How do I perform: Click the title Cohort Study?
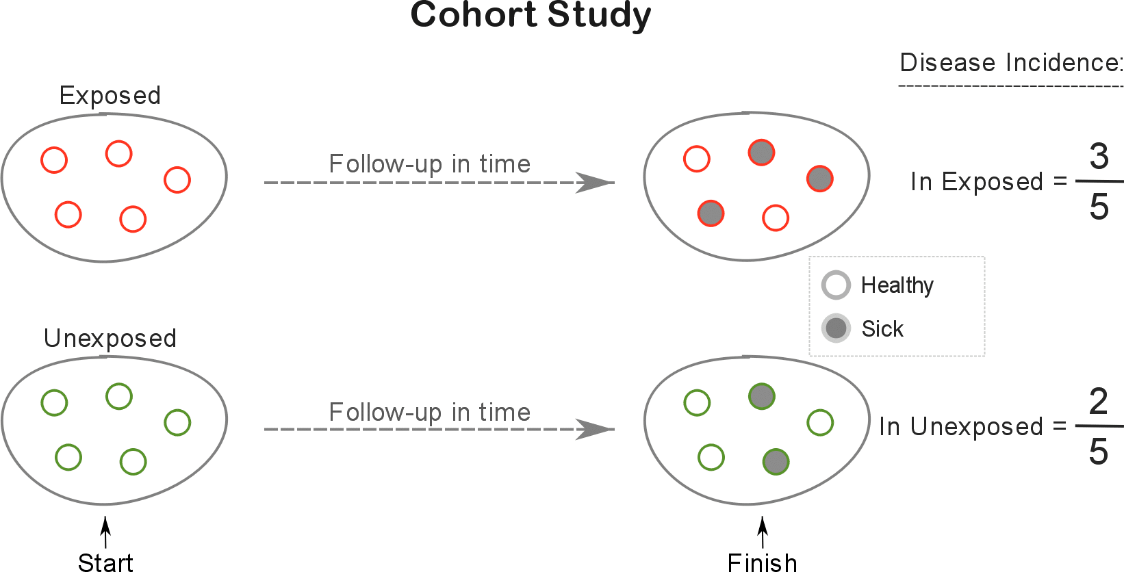[x=531, y=16]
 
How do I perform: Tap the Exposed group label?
[x=110, y=96]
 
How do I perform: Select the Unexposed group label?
[x=110, y=339]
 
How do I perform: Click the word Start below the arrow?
[x=105, y=562]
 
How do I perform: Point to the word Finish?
[x=762, y=562]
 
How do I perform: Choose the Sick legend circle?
[x=836, y=328]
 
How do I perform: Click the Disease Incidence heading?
[x=1010, y=63]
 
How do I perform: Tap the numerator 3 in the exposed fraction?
[x=1099, y=156]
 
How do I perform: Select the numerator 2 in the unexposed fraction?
[x=1099, y=402]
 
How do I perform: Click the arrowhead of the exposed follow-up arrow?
[x=595, y=183]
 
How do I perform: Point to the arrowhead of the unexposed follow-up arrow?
[x=595, y=430]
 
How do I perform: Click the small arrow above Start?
[x=105, y=532]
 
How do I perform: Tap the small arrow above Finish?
[x=763, y=532]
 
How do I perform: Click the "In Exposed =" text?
[x=988, y=181]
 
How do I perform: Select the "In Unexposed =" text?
[x=973, y=427]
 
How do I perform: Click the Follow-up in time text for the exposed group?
[x=430, y=164]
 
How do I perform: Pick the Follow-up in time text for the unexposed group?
[x=430, y=413]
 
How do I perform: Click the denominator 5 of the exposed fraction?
[x=1099, y=207]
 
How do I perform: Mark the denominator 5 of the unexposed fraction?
[x=1099, y=452]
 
